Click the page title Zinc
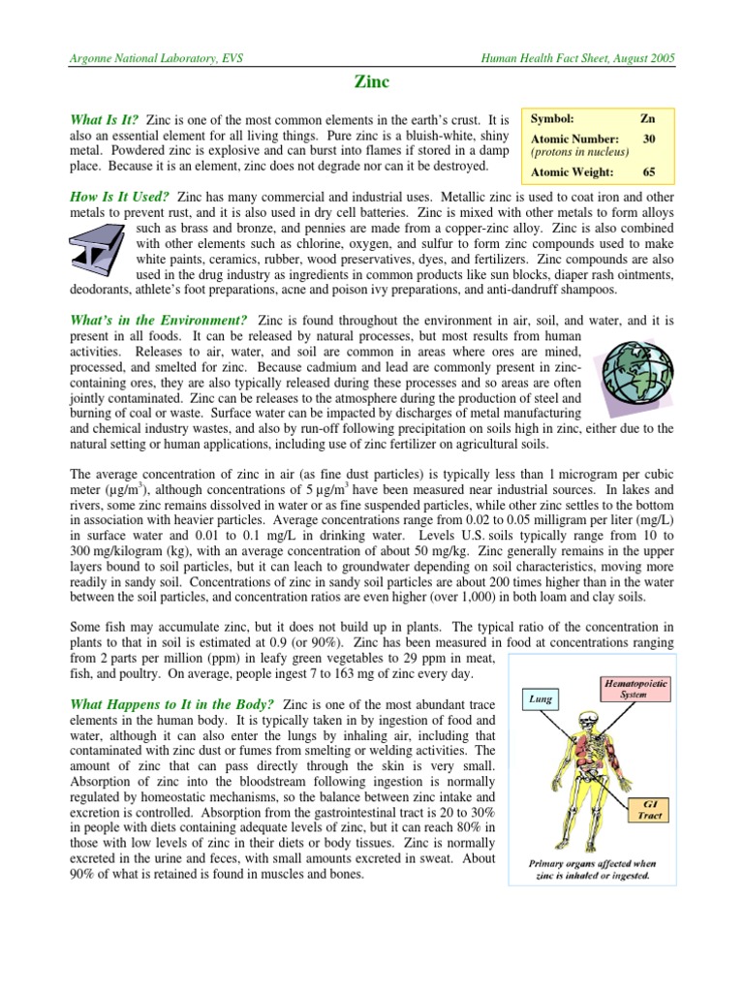tap(372, 84)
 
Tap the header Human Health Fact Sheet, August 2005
tap(578, 58)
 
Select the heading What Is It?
tap(104, 116)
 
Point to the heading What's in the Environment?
tap(158, 319)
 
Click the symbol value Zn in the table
tap(647, 117)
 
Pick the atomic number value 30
tap(649, 139)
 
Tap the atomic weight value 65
tap(649, 172)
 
